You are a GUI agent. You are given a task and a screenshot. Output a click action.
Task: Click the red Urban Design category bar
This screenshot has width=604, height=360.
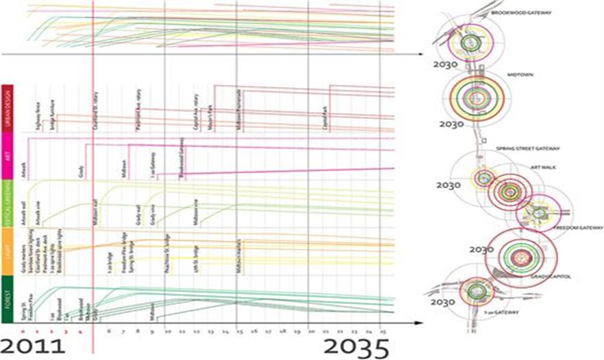coord(7,109)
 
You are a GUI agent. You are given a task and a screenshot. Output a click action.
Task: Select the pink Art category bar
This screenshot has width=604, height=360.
coord(7,157)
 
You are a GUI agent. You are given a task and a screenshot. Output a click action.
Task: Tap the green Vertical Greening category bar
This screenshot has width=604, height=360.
coord(7,203)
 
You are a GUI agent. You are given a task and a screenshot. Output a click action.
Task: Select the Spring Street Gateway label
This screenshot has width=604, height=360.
coord(529,148)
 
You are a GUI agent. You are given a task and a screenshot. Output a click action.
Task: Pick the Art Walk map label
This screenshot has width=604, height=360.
coord(543,166)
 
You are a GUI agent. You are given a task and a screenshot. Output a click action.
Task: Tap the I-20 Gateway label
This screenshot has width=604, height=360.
coord(499,312)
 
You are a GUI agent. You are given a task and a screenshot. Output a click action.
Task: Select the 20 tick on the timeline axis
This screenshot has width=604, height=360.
coord(311,330)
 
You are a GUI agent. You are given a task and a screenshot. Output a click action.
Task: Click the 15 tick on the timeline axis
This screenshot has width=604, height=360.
coord(239,330)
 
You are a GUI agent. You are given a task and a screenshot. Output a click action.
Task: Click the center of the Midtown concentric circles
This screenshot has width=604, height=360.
coord(477,98)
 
